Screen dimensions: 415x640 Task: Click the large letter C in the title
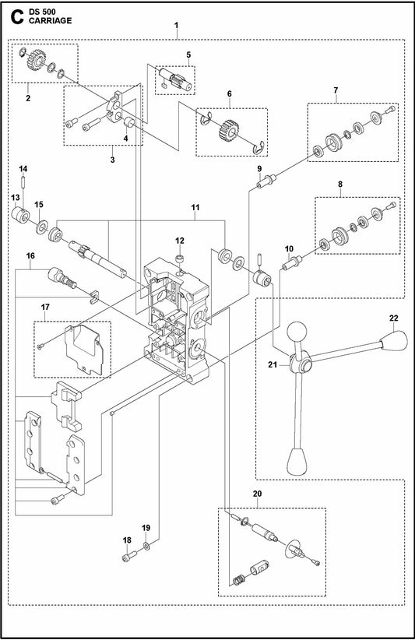tap(16, 16)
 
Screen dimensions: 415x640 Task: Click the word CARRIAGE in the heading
tap(50, 20)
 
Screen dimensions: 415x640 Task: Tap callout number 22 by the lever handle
tap(393, 318)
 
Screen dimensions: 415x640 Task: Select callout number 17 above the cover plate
tap(44, 307)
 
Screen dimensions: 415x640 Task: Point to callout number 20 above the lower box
tap(257, 494)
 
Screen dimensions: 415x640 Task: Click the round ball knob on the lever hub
tap(297, 331)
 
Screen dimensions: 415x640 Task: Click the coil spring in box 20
tap(238, 579)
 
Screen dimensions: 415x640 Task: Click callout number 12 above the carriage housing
tap(180, 241)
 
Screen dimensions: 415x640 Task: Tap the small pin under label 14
tap(23, 181)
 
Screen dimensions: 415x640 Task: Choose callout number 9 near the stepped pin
tap(259, 169)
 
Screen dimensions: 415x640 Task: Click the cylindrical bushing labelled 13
tap(19, 214)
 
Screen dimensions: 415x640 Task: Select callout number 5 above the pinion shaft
tap(188, 55)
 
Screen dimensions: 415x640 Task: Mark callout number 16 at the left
tap(30, 256)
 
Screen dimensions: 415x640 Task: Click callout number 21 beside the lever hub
tap(273, 364)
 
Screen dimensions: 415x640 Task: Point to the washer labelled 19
tap(146, 546)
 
